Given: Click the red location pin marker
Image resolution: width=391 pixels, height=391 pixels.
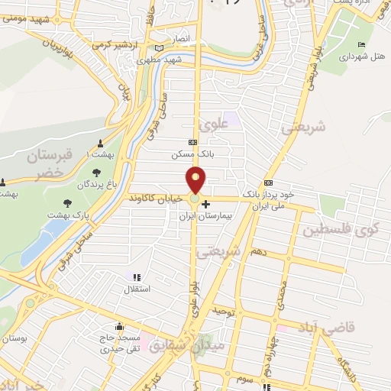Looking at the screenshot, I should [196, 180].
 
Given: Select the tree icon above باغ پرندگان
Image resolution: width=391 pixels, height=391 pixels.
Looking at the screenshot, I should [95, 173].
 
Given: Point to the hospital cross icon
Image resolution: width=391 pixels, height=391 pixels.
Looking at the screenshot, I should [205, 205].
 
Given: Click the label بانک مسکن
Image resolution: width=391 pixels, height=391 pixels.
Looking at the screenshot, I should [192, 153].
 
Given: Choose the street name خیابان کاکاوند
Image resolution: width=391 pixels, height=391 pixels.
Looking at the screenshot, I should [156, 198].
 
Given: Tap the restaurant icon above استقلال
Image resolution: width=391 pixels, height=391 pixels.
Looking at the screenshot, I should [137, 278].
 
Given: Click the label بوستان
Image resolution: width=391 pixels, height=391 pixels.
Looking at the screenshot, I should [14, 338].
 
